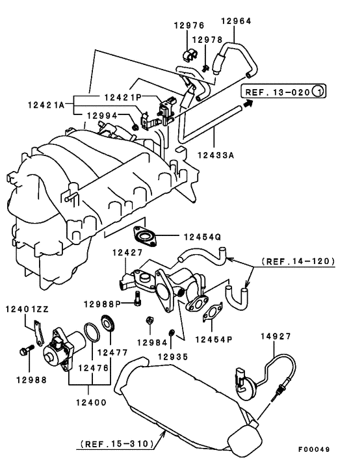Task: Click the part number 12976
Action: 189,25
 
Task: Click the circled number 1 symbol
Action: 318,92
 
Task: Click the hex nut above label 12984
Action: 149,321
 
